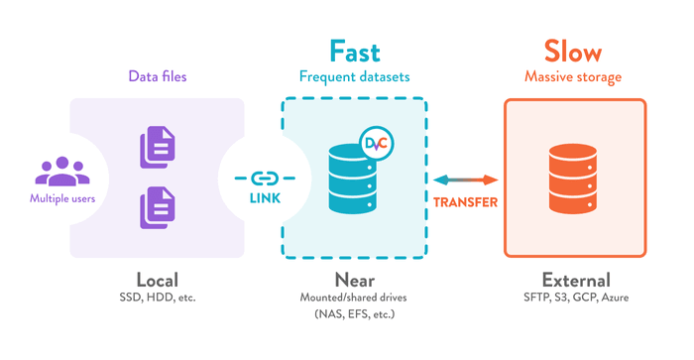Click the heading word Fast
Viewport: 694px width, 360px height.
(354, 51)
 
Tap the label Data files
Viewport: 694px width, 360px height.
(159, 75)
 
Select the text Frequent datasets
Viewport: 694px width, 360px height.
(354, 76)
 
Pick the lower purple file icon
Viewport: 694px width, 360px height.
(159, 206)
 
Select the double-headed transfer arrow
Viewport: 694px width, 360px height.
(465, 180)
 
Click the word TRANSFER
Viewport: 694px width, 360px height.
(465, 201)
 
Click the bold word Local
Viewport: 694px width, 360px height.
(158, 279)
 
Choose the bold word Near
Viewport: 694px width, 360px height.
(354, 279)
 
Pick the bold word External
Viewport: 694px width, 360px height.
(576, 279)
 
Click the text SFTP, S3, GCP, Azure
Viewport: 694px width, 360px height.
(576, 298)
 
